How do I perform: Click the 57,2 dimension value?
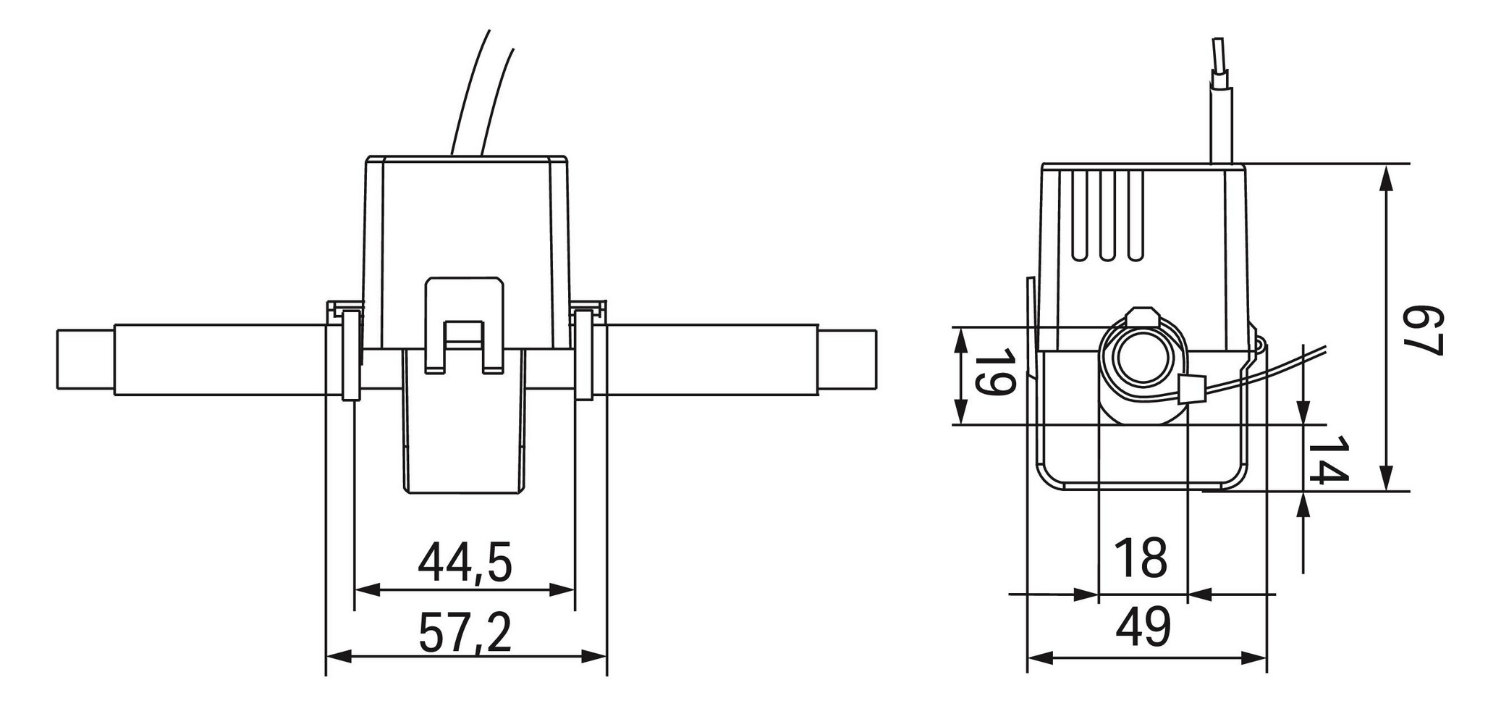[x=465, y=631]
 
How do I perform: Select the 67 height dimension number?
[x=1423, y=331]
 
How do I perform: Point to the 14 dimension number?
[x=1329, y=460]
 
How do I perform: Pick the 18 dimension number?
[x=1141, y=558]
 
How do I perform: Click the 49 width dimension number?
[x=1143, y=627]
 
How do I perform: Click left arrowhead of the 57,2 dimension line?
[x=337, y=657]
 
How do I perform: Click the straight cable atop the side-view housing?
[x=1222, y=109]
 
